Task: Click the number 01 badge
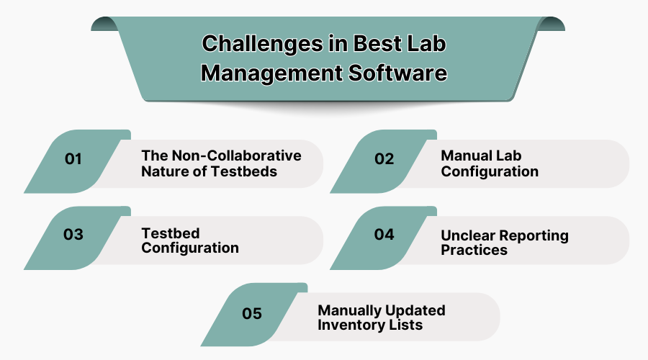point(73,159)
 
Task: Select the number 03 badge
point(73,235)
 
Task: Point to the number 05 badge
point(252,313)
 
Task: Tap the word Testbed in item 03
point(170,233)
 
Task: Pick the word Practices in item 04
point(474,250)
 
